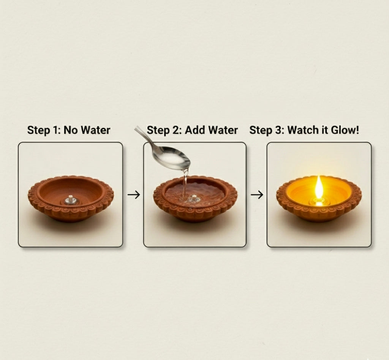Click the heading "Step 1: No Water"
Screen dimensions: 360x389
click(69, 130)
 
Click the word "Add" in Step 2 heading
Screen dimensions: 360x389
click(195, 130)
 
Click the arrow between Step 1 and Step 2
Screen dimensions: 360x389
click(133, 195)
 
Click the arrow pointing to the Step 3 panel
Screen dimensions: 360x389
click(257, 195)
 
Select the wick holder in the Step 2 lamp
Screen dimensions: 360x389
click(193, 198)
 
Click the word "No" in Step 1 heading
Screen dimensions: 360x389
click(71, 130)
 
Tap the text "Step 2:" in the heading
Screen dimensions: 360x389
click(164, 130)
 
